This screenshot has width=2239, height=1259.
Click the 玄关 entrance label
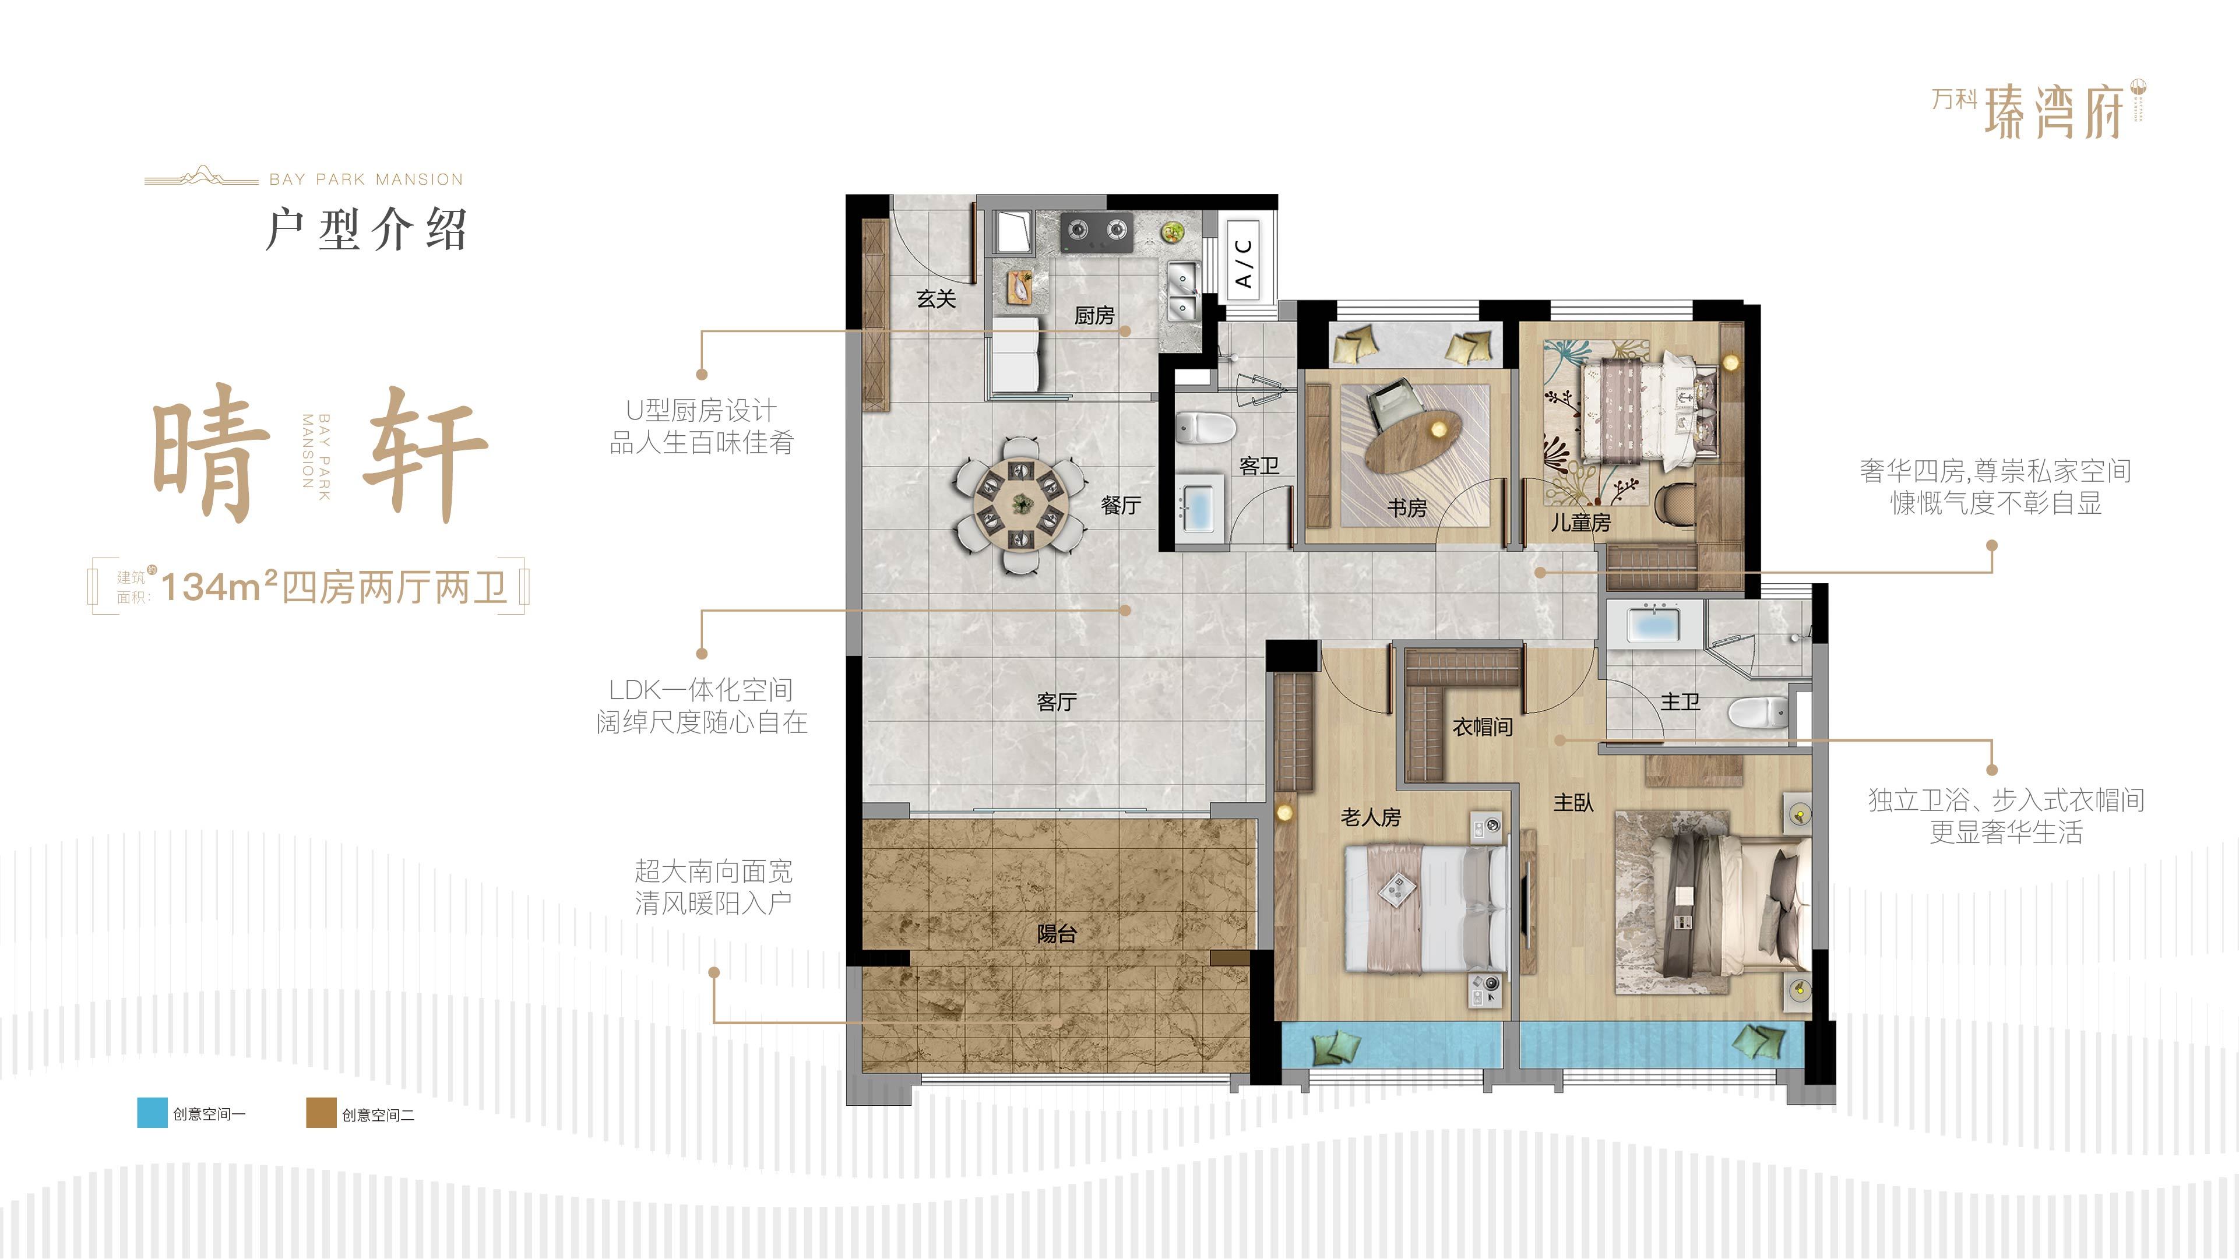tap(936, 299)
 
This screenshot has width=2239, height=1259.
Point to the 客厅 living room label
tap(1057, 701)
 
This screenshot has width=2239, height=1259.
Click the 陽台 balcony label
tap(1057, 933)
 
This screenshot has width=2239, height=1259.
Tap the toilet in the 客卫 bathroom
tap(1206, 428)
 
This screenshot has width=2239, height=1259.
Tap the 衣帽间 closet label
tap(1482, 727)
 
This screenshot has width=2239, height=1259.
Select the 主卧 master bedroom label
tap(1573, 803)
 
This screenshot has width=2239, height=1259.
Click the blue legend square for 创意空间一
tap(152, 1113)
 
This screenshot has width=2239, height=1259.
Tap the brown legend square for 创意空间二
tap(321, 1113)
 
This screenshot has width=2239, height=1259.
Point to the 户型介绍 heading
tap(366, 230)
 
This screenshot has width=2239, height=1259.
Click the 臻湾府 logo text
tap(2054, 111)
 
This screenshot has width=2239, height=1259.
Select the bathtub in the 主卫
tap(1643, 625)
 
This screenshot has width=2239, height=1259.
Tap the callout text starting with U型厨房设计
tap(702, 426)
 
